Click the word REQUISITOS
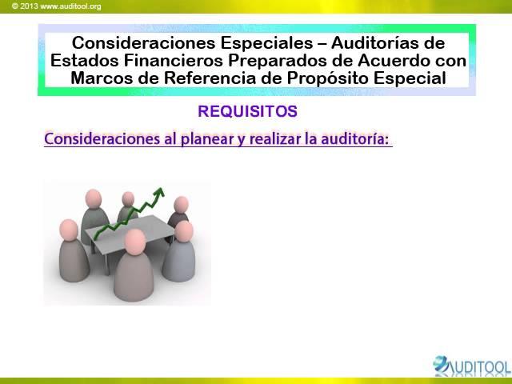click(247, 111)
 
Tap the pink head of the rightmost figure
click(185, 230)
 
